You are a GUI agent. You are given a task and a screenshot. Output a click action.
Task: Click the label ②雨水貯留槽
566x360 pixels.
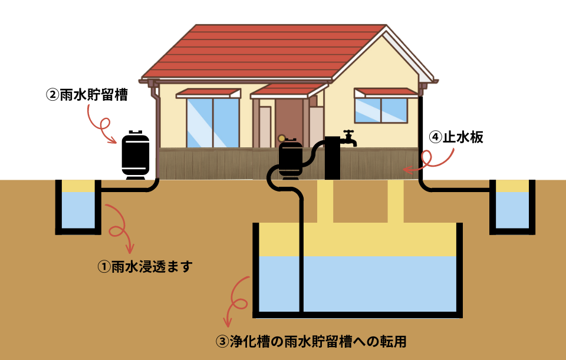(87, 95)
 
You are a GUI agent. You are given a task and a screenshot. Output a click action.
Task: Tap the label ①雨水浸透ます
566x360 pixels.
(144, 267)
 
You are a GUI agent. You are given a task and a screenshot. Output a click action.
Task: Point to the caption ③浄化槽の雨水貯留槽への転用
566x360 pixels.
(312, 341)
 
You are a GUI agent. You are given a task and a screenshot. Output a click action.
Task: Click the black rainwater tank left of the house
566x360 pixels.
(135, 154)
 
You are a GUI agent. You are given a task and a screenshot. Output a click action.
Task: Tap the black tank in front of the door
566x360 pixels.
(289, 158)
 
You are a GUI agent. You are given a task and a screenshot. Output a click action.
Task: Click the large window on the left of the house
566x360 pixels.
(212, 122)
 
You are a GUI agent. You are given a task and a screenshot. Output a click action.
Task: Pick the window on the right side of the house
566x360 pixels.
(381, 110)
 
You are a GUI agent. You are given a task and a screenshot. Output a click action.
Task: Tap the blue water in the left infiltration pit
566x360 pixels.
(78, 209)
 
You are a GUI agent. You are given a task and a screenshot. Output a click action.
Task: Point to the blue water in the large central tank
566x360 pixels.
(377, 283)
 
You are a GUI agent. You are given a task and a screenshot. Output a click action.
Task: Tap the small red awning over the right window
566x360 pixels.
(386, 93)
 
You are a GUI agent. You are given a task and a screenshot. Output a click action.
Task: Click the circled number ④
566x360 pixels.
(435, 137)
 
